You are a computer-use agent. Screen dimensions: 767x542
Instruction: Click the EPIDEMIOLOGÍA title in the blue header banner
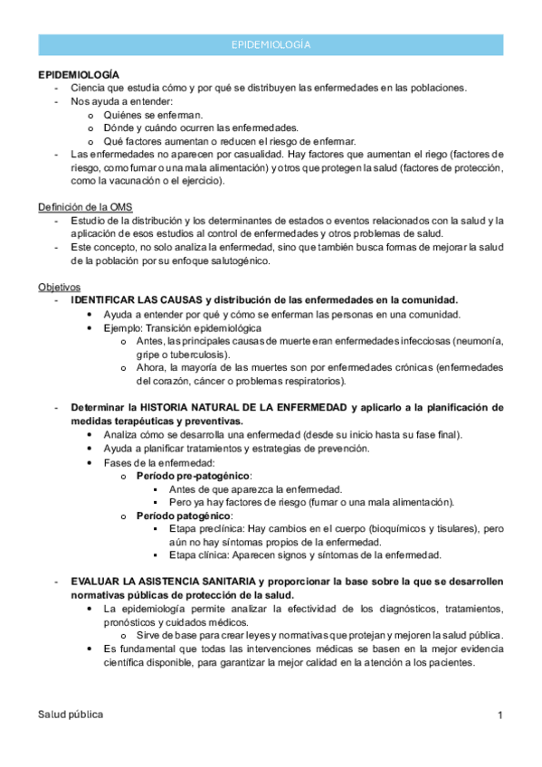tap(271, 44)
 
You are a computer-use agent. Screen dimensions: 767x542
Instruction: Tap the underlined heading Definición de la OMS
tap(84, 207)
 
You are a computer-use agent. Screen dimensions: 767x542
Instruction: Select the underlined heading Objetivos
tap(59, 287)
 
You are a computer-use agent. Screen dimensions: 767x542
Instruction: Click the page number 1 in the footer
tap(499, 716)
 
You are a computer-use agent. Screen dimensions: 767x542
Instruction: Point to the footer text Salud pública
tap(71, 715)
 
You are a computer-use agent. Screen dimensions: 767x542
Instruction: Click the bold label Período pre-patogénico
tap(193, 475)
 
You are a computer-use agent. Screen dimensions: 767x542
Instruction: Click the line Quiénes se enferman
tap(153, 114)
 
